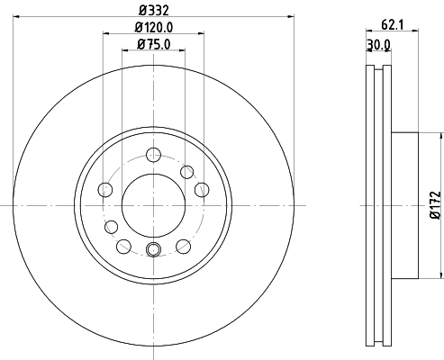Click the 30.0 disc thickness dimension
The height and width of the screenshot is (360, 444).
tap(378, 43)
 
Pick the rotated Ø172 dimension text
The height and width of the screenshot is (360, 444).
tap(432, 205)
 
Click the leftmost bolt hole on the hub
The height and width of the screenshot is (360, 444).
tap(104, 189)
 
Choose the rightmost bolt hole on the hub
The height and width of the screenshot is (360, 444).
tap(202, 189)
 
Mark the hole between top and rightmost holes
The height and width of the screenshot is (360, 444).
tap(187, 171)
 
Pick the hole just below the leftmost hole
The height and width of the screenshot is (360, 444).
tap(112, 226)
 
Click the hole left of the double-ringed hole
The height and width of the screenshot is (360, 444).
tap(124, 245)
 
